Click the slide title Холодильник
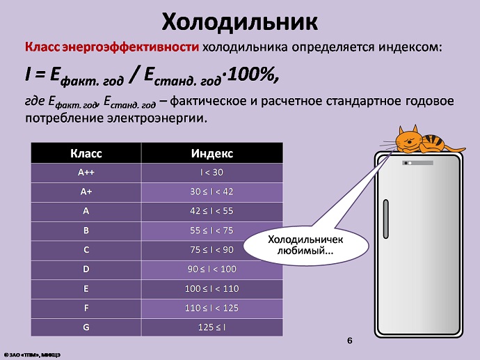[240, 22]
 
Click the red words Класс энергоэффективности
[112, 47]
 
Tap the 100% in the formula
[253, 75]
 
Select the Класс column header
[86, 153]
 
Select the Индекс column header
[212, 153]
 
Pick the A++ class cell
[86, 173]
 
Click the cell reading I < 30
[212, 173]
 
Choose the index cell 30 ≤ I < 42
[212, 192]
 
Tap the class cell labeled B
[86, 230]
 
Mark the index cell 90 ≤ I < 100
[212, 269]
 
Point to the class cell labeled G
[86, 327]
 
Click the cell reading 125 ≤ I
[212, 327]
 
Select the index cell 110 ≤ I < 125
[212, 308]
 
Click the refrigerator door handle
[386, 219]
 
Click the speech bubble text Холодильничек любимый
[305, 245]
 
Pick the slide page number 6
[350, 341]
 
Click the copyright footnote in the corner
[32, 355]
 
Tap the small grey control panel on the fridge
[417, 163]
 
